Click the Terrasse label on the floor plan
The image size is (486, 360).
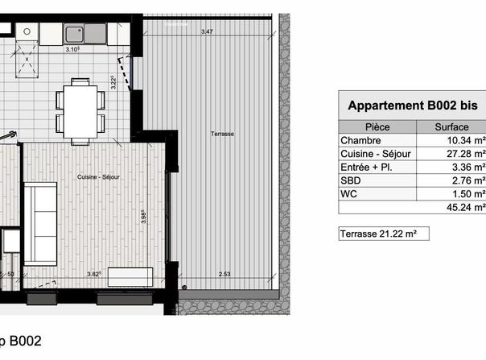click(222, 134)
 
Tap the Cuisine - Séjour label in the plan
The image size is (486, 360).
click(98, 177)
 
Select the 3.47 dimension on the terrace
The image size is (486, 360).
click(207, 31)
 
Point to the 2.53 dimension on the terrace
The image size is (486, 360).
click(224, 274)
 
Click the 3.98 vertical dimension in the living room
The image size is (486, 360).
click(144, 217)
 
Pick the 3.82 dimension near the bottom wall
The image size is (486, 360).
click(93, 274)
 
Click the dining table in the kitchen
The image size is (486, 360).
click(80, 112)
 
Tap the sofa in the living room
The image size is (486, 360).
click(40, 224)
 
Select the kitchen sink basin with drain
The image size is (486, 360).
click(74, 34)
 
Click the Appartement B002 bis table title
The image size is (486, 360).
click(413, 106)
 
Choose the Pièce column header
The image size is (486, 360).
click(377, 127)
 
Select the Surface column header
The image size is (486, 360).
click(451, 127)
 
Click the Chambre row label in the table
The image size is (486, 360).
click(360, 140)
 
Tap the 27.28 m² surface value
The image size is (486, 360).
click(466, 154)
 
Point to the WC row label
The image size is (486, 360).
click(348, 193)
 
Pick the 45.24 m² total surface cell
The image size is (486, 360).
click(466, 207)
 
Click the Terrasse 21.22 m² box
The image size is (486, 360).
click(384, 234)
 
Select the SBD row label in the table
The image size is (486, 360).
click(351, 180)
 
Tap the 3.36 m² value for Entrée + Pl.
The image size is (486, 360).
click(468, 167)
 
